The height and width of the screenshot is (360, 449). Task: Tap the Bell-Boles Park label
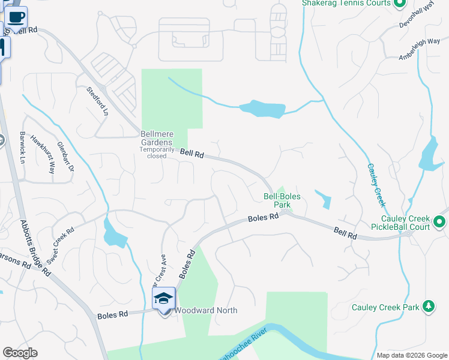[282, 200]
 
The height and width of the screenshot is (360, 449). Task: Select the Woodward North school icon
[164, 299]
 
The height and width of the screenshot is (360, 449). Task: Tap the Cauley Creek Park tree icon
[428, 307]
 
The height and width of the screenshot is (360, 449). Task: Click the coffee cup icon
[17, 17]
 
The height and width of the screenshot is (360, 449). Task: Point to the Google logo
[20, 353]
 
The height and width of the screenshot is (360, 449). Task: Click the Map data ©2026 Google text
[412, 355]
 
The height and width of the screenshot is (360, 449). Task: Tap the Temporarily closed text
[157, 152]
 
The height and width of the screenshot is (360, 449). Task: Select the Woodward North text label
[206, 310]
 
